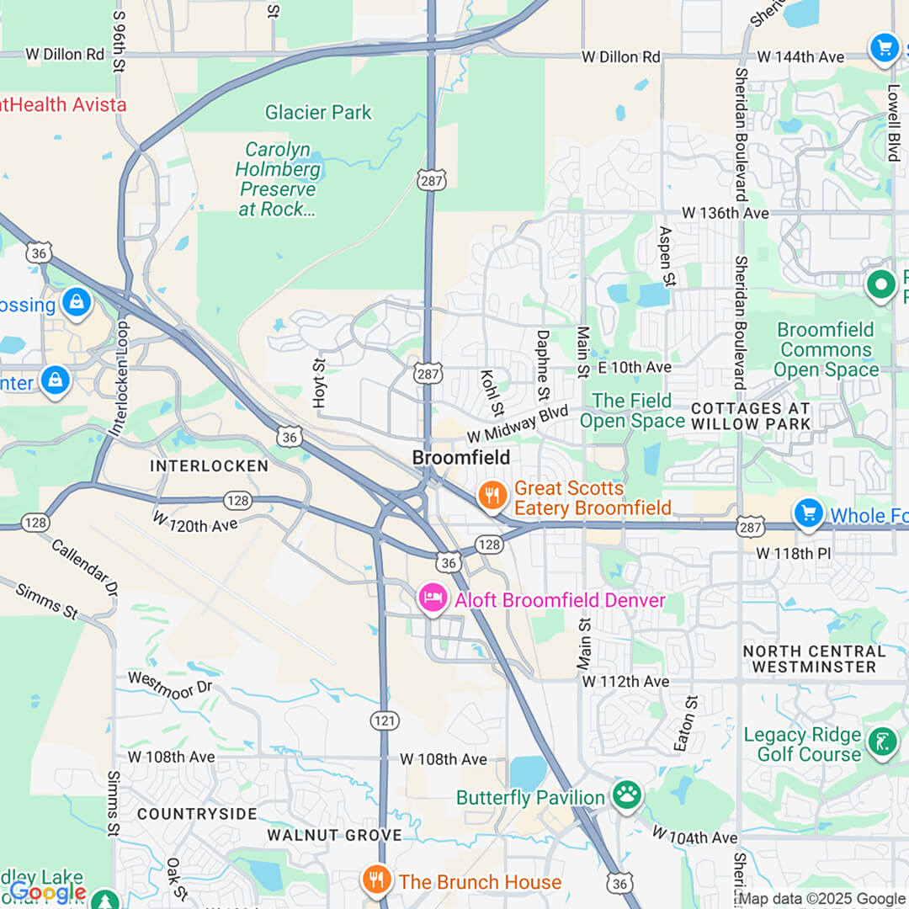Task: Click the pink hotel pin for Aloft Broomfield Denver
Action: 433,598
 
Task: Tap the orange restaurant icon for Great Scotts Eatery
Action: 492,496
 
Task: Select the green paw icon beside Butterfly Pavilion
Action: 626,795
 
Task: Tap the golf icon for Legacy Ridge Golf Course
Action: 881,742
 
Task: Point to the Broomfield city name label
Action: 460,458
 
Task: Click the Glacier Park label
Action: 318,112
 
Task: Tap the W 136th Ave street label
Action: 725,213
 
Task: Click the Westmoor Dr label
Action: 171,683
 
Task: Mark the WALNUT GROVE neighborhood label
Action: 334,835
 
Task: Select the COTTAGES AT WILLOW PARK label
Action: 751,416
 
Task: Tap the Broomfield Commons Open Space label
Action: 825,349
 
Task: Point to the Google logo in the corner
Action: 47,890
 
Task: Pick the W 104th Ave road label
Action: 695,835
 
